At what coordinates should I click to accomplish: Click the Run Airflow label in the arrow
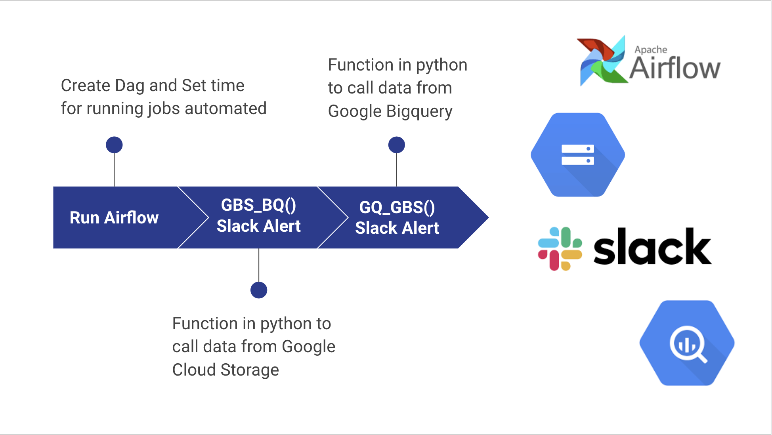[x=114, y=217]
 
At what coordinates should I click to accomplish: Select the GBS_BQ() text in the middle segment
[x=258, y=205]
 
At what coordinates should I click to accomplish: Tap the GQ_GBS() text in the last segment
[x=397, y=207]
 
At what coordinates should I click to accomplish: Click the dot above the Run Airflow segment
[x=114, y=145]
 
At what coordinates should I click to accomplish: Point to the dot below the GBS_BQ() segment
[x=259, y=290]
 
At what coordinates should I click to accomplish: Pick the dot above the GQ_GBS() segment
[x=396, y=145]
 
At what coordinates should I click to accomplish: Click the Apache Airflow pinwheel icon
[x=602, y=61]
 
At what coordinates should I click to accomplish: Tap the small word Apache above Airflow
[x=651, y=50]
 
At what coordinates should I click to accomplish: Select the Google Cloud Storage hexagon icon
[x=578, y=155]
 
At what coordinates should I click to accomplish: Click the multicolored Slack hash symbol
[x=560, y=249]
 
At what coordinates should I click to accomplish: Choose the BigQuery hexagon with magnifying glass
[x=687, y=343]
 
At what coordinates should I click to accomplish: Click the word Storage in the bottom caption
[x=250, y=370]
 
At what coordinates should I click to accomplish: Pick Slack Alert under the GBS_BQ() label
[x=258, y=226]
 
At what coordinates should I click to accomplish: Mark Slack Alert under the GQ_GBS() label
[x=397, y=228]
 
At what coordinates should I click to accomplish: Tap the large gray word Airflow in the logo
[x=675, y=69]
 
